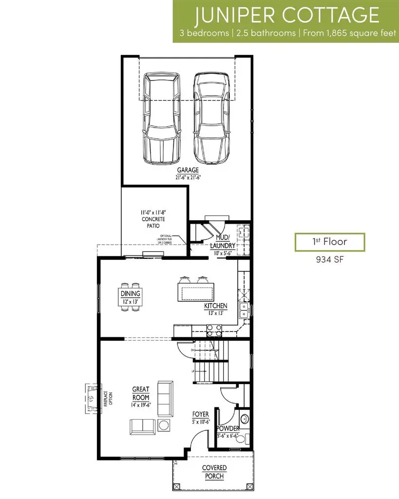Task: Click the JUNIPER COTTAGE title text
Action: [x=286, y=15]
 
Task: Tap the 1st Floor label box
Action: [x=329, y=242]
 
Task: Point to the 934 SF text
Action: [x=329, y=260]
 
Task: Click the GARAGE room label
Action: [x=188, y=170]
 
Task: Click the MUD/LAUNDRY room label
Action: [x=223, y=242]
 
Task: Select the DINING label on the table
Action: [x=131, y=293]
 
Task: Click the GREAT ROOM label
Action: [x=140, y=394]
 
